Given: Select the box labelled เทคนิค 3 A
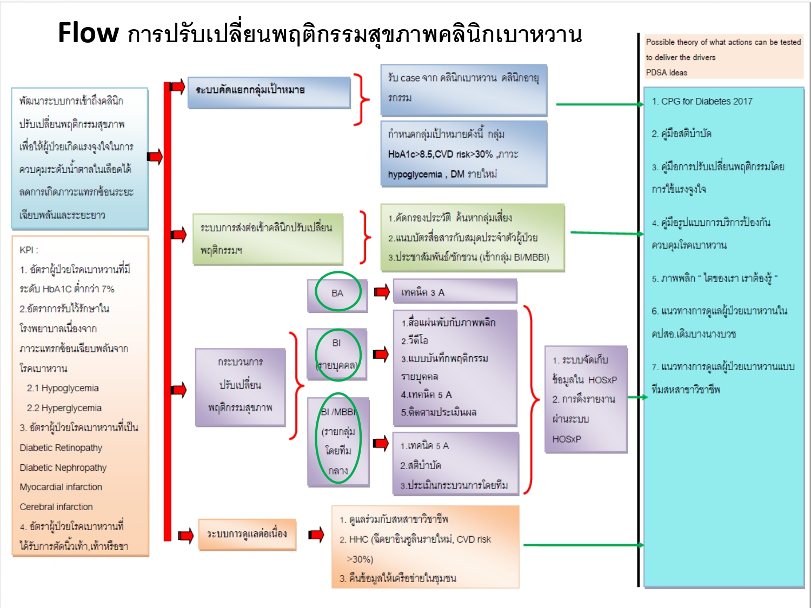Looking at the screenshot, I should coord(454,292).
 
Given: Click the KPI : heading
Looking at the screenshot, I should coord(29,250).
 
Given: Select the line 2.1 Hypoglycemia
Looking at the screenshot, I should coord(63,388).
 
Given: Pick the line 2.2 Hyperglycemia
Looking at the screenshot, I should coord(64,408).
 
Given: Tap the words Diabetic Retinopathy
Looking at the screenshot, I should coord(61,447).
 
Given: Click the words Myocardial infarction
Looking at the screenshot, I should coord(61,487).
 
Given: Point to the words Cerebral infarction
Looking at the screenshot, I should coord(56,507).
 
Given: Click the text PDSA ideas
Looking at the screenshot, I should coord(666,72).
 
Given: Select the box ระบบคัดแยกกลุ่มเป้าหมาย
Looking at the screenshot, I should coord(269,90).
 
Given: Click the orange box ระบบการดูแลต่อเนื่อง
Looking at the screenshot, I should coord(247,534).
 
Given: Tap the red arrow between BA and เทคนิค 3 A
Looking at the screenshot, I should coord(382,292).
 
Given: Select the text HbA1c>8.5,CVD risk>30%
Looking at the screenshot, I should coord(440,154).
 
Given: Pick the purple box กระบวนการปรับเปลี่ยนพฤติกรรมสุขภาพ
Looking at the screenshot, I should coord(240,385).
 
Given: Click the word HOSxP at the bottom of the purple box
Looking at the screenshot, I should coord(567,439).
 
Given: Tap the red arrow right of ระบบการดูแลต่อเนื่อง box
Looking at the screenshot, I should coord(316,535).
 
